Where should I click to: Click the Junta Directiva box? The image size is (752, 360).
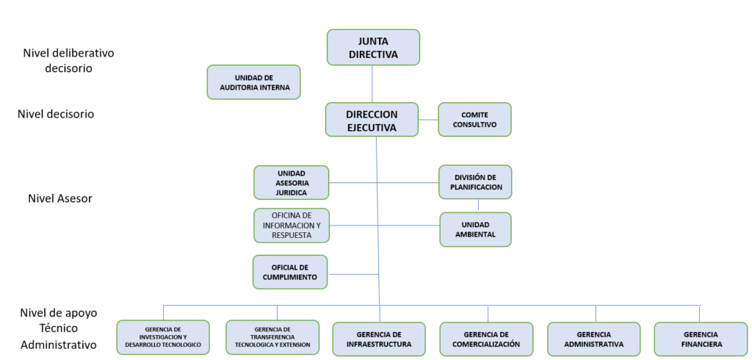tap(373, 47)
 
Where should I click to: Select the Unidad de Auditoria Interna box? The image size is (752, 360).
tap(254, 82)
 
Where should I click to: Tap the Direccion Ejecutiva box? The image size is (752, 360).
tap(372, 120)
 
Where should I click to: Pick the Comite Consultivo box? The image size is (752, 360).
tap(474, 119)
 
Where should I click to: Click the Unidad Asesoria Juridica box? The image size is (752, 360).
tap(292, 182)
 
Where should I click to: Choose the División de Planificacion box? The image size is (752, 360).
tap(475, 181)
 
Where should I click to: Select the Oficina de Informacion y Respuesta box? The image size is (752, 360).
tap(292, 225)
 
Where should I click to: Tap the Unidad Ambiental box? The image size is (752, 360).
tap(475, 229)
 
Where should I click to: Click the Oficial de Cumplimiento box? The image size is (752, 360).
tap(290, 272)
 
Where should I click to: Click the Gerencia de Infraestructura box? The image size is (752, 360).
tap(379, 339)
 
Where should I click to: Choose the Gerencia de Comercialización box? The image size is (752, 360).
tap(486, 339)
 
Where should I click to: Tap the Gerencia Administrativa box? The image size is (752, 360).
tap(594, 339)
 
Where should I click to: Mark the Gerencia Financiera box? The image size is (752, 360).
tap(701, 339)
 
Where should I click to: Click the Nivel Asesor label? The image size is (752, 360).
tap(60, 198)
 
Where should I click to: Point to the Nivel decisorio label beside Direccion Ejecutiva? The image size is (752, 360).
tap(56, 114)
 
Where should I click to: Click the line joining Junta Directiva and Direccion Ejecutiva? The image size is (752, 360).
tap(372, 84)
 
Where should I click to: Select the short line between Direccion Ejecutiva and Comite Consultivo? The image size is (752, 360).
tap(428, 119)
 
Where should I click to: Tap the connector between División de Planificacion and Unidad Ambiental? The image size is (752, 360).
tap(478, 206)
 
